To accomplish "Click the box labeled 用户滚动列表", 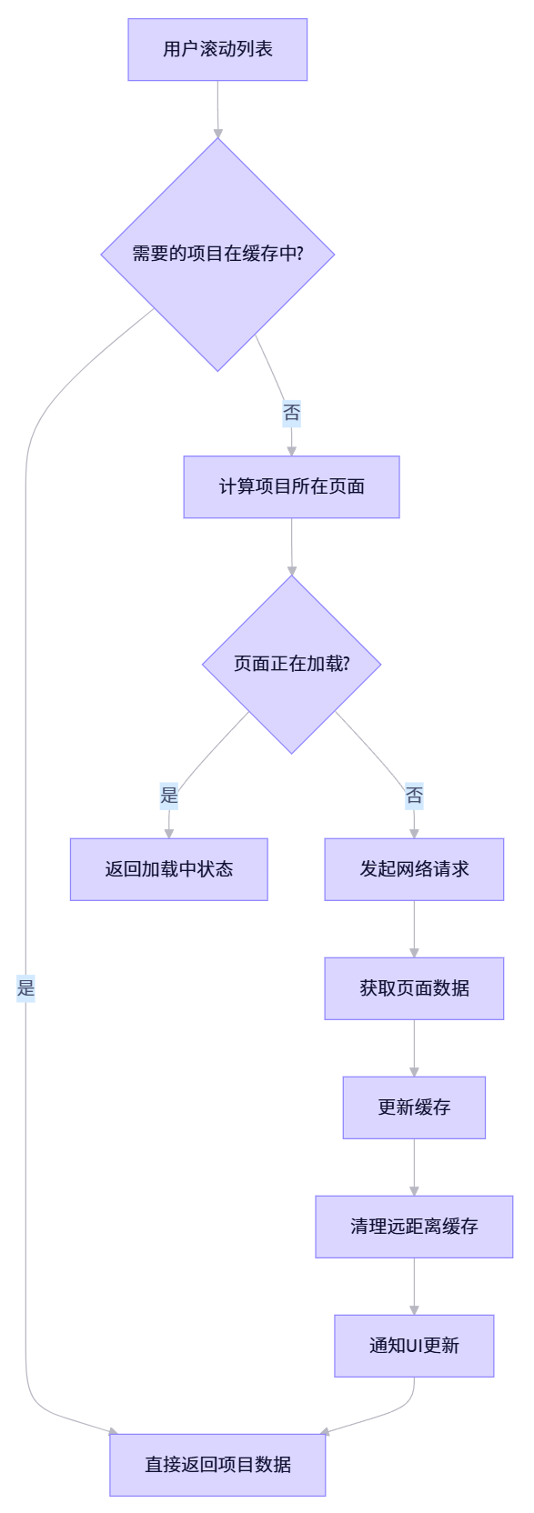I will pyautogui.click(x=217, y=49).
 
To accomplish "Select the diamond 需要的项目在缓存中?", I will pyautogui.click(x=217, y=254).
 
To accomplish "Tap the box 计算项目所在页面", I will pyautogui.click(x=291, y=486).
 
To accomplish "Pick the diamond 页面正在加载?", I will pyautogui.click(x=291, y=664).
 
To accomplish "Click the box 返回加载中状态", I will pyautogui.click(x=168, y=869).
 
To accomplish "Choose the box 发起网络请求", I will pyautogui.click(x=414, y=869).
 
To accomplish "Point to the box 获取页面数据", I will pyautogui.click(x=414, y=988).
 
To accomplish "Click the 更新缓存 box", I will pyautogui.click(x=414, y=1107).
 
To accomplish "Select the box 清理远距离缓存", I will pyautogui.click(x=414, y=1227).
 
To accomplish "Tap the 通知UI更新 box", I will pyautogui.click(x=414, y=1346).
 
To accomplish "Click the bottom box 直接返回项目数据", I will pyautogui.click(x=217, y=1465).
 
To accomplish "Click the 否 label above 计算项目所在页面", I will pyautogui.click(x=291, y=413).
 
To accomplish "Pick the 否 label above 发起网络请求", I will pyautogui.click(x=414, y=796).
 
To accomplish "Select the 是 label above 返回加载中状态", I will pyautogui.click(x=169, y=796).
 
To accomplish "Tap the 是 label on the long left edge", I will pyautogui.click(x=25, y=988).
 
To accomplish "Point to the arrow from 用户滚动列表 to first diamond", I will pyautogui.click(x=217, y=109).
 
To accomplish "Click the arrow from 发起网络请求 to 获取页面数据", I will pyautogui.click(x=414, y=929).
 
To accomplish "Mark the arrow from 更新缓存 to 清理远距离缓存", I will pyautogui.click(x=414, y=1167).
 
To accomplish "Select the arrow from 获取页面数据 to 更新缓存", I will pyautogui.click(x=414, y=1048).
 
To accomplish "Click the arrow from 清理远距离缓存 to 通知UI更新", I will pyautogui.click(x=414, y=1287).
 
